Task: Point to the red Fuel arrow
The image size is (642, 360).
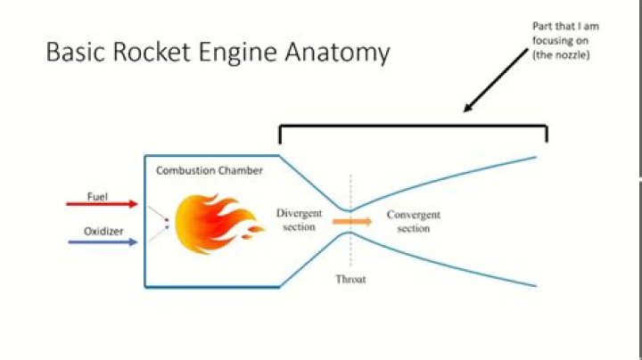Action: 102,204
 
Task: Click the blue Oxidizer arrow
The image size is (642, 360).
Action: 102,241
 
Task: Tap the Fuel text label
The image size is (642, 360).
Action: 97,195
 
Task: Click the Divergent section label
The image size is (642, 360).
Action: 298,220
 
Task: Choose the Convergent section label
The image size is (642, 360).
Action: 413,222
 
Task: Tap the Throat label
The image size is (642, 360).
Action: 350,279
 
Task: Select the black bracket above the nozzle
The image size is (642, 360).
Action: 413,126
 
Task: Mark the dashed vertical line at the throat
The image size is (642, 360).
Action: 350,192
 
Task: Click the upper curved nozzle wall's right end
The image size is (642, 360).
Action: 534,157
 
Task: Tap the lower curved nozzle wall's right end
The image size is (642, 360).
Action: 534,285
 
